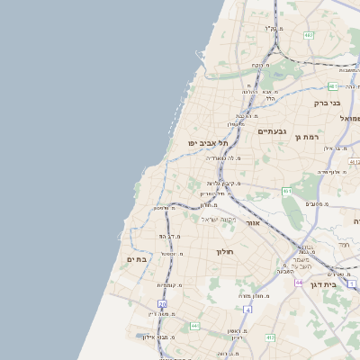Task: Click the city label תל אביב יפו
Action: [208, 143]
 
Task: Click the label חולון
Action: [225, 252]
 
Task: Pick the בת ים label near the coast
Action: [136, 259]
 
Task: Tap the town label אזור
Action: [253, 221]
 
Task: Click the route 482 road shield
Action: [309, 35]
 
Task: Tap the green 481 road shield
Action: [332, 86]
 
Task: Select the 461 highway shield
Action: [287, 191]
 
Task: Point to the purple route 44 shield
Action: [298, 282]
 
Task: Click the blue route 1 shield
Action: [352, 283]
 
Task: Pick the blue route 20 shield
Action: [163, 304]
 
